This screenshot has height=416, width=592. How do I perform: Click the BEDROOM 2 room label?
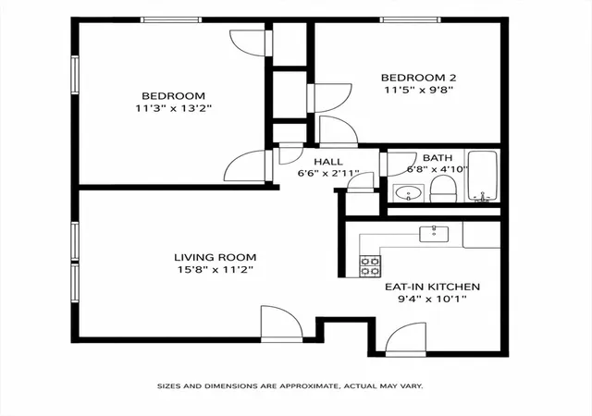pos(418,78)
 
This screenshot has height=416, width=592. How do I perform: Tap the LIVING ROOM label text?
pos(216,257)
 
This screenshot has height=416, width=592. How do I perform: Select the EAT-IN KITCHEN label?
pos(432,287)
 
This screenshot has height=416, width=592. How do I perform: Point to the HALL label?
pos(328,162)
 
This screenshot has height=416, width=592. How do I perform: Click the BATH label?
pos(438,157)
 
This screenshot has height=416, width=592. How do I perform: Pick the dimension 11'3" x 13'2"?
pos(174,109)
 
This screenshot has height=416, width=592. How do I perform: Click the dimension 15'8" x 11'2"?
pos(216,270)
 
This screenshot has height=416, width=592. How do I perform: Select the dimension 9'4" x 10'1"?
pos(432,299)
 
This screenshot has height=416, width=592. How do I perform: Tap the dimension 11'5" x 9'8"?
pos(418,90)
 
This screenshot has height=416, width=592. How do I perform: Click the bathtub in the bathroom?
pos(483,176)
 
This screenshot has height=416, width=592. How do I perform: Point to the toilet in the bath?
pos(444,189)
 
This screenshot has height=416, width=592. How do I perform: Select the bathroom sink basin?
pos(409,193)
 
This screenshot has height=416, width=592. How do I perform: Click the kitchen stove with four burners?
pos(370,265)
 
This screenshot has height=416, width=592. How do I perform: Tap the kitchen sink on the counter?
pos(434,234)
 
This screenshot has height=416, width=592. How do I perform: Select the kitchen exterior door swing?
pos(406,339)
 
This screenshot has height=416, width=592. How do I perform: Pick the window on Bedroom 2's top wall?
pos(410,19)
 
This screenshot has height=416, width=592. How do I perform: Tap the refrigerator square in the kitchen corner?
pos(481,235)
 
